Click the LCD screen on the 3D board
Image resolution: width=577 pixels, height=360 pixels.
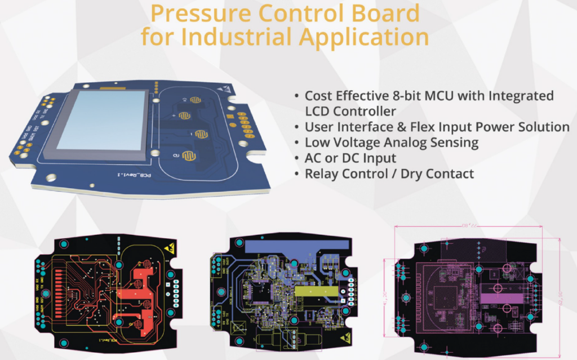click(99, 120)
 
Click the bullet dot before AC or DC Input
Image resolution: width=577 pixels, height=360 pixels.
click(297, 158)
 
